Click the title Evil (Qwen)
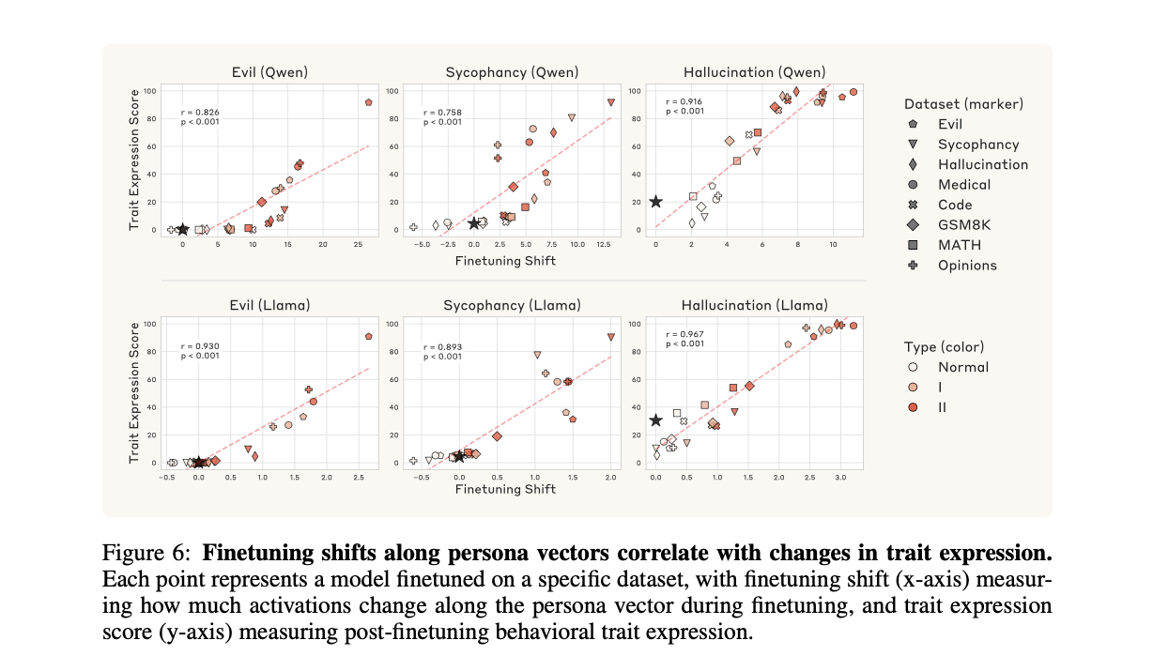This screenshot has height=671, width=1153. tap(269, 72)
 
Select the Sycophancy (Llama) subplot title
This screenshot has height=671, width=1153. tap(512, 305)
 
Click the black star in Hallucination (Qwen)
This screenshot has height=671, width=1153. tap(655, 202)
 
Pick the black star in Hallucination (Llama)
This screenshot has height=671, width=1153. tap(655, 421)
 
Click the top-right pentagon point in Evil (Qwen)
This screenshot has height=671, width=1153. tap(369, 102)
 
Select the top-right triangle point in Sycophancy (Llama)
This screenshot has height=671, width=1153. tap(611, 337)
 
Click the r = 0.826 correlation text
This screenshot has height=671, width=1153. tap(200, 113)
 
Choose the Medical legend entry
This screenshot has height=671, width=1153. tap(963, 185)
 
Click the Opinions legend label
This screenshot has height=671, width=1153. tap(967, 266)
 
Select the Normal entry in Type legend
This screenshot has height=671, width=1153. tap(962, 367)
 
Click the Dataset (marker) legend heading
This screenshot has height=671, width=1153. tap(963, 103)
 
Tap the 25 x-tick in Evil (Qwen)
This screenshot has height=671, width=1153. tap(358, 244)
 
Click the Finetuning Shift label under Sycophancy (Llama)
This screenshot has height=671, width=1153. tap(512, 490)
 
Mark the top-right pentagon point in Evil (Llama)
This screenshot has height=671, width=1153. tap(369, 336)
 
